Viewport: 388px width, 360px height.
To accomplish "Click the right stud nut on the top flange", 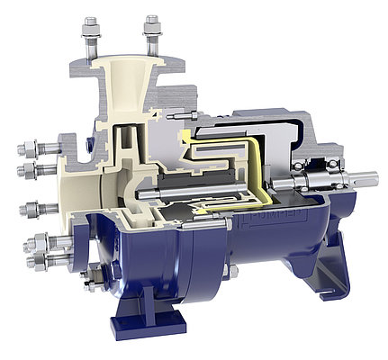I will (152, 37).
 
